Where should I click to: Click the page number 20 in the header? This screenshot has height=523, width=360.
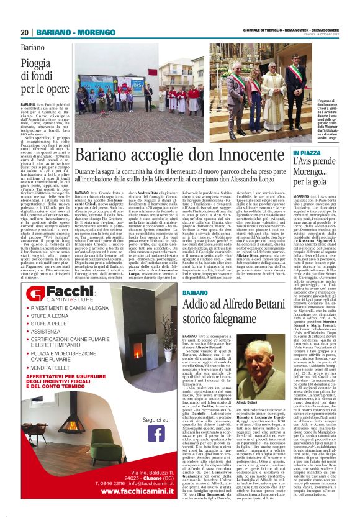point(25,32)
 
